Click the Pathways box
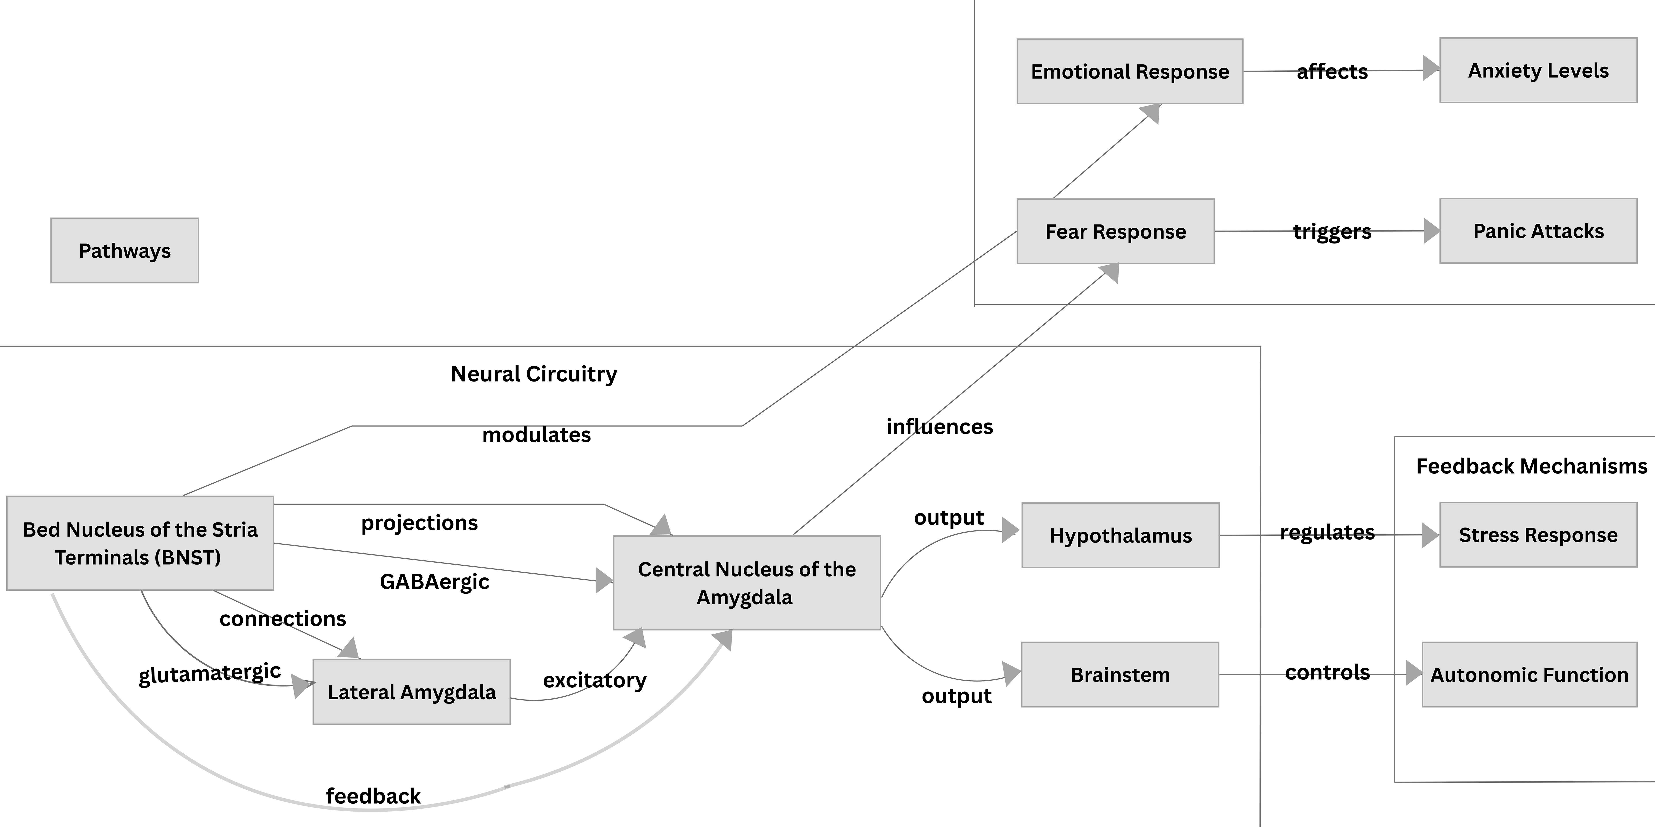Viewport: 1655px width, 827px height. coord(125,250)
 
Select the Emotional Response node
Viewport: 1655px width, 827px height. coord(1129,71)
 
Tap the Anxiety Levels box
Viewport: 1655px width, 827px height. coord(1538,70)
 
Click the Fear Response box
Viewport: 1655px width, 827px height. coord(1115,231)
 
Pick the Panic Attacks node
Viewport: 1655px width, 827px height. coord(1538,230)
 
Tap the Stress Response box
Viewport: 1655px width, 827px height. coord(1538,535)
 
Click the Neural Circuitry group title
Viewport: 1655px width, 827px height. coord(534,374)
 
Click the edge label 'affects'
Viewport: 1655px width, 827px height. coord(1332,72)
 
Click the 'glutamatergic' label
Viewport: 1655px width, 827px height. coord(209,674)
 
